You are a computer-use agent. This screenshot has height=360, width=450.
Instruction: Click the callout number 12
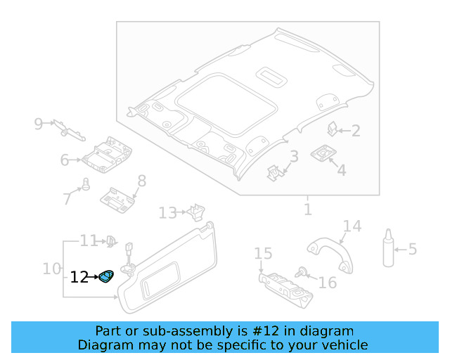click(x=79, y=278)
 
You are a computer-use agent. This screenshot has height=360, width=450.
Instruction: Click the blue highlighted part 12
click(x=106, y=276)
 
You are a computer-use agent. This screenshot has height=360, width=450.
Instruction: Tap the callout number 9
click(x=39, y=124)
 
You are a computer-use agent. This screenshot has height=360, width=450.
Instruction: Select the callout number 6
click(x=65, y=160)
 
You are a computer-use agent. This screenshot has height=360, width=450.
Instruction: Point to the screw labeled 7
click(x=86, y=184)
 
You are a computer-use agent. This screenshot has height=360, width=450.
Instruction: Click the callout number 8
click(x=141, y=181)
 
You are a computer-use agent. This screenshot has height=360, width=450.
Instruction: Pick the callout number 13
click(x=167, y=212)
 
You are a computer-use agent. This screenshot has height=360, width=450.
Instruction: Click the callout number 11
click(x=87, y=241)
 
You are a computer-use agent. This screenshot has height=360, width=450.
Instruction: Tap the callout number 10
click(x=51, y=269)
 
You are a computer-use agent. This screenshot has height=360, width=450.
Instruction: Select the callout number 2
click(x=356, y=130)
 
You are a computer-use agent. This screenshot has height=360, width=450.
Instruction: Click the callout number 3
click(x=295, y=156)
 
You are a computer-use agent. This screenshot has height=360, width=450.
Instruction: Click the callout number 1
click(x=307, y=210)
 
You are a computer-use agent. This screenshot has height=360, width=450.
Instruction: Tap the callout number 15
click(x=262, y=253)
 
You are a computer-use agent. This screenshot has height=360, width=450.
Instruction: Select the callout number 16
click(x=328, y=283)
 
